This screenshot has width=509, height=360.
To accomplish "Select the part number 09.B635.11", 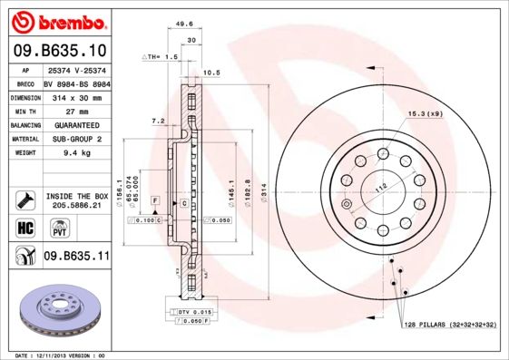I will click(76, 257).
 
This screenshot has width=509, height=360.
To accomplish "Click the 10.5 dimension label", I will click(211, 73).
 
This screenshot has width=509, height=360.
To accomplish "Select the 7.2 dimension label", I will click(157, 121).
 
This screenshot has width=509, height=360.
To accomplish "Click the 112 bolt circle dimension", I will click(381, 187).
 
